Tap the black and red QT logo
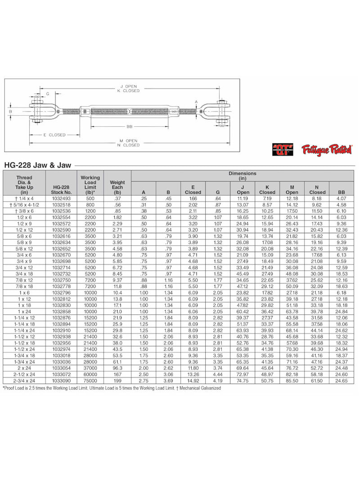(x=283, y=149)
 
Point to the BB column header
(x=342, y=192)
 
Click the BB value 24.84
(x=342, y=311)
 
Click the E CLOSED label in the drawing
(x=54, y=135)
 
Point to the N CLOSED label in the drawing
(x=129, y=145)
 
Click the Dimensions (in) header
(x=242, y=175)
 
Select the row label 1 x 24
(x=24, y=311)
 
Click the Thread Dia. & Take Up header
(x=24, y=184)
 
